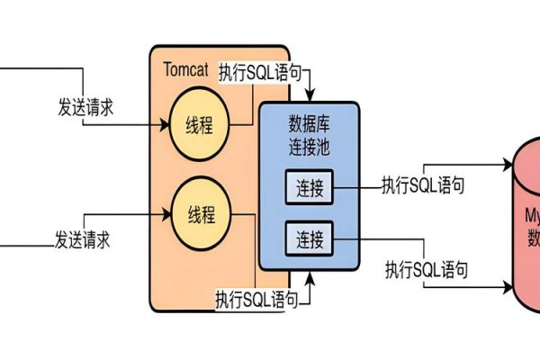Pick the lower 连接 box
pyautogui.click(x=310, y=239)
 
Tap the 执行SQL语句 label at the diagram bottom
pyautogui.click(x=256, y=296)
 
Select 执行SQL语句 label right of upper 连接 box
pyautogui.click(x=423, y=185)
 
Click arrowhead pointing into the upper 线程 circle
pyautogui.click(x=165, y=126)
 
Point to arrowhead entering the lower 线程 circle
pyautogui.click(x=165, y=214)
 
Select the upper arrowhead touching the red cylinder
pyautogui.click(x=508, y=166)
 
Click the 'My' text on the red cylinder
pyautogui.click(x=532, y=217)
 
